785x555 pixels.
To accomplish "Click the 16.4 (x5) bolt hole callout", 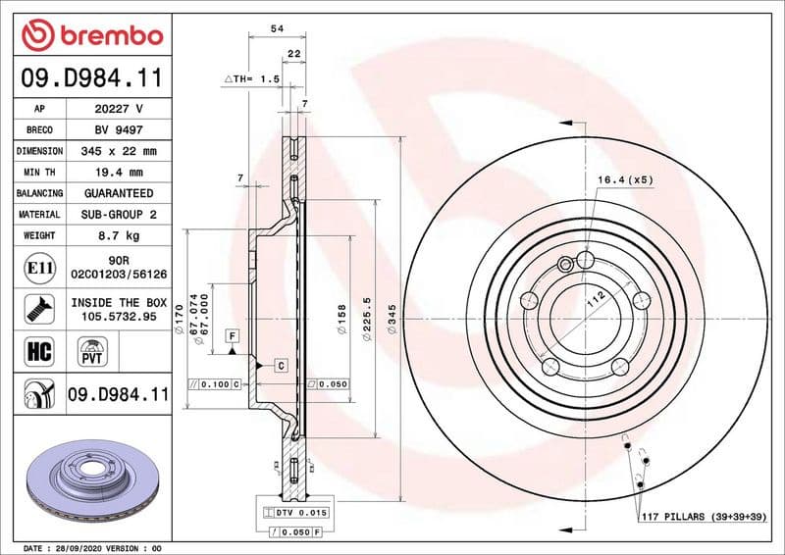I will pyautogui.click(x=625, y=180).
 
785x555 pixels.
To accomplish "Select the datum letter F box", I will pyautogui.click(x=232, y=336).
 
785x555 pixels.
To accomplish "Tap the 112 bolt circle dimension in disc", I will pyautogui.click(x=592, y=303).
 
